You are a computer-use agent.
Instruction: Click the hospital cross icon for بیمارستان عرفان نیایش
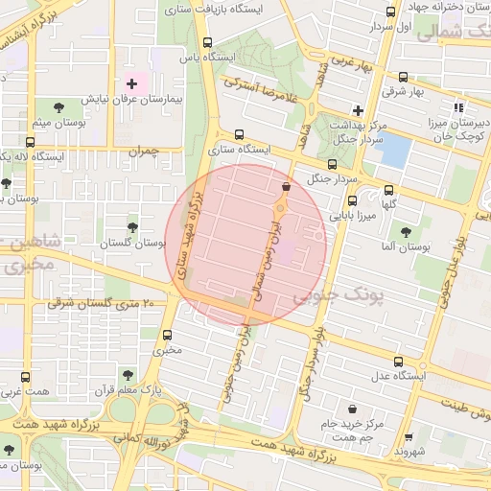131,84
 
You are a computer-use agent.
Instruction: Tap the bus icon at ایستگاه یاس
208,42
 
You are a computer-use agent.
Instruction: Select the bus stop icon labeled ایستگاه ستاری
239,135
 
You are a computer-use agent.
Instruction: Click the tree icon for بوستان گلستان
131,227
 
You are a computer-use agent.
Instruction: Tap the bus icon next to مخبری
168,335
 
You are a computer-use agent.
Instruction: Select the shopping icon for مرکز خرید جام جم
354,408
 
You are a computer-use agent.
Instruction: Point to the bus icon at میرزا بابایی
352,200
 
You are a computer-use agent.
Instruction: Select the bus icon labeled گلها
388,190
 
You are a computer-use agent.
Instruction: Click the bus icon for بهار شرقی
402,78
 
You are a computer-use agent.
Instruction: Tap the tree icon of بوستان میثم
59,107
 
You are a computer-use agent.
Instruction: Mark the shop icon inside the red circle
286,187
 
